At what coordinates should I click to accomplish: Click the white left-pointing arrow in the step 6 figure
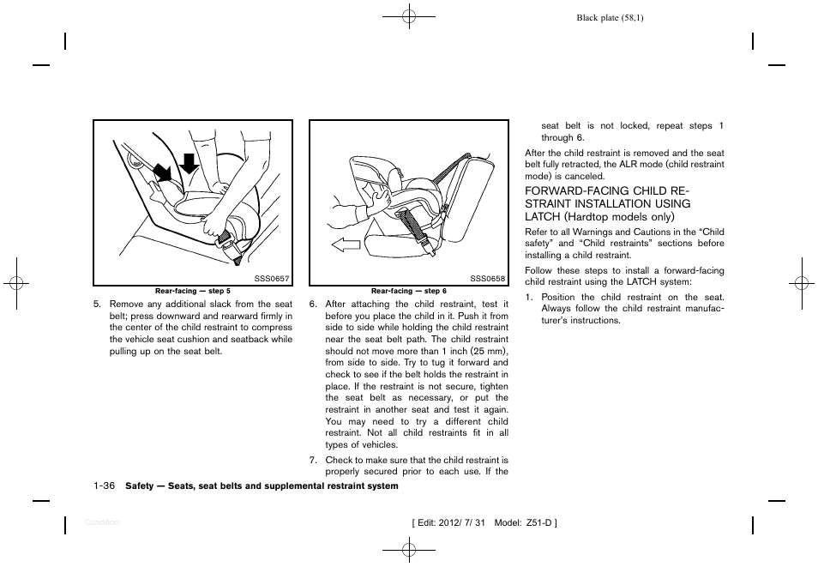coord(346,246)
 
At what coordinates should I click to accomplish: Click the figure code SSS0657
coord(272,279)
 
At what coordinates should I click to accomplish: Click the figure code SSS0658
coord(487,279)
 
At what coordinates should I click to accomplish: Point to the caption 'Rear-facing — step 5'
coord(193,291)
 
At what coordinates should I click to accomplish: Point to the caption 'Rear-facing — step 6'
coord(408,291)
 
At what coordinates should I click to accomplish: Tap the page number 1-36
coord(104,486)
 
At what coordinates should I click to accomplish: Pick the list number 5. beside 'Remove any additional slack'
coord(98,304)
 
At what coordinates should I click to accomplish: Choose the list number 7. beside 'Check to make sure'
coord(314,460)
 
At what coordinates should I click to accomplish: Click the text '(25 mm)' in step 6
coord(491,351)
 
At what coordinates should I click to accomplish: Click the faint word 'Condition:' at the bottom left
coord(102,522)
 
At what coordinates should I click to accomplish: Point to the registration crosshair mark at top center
coord(409,15)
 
